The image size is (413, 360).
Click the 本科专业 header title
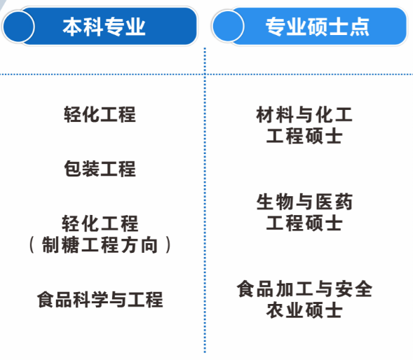click(104, 27)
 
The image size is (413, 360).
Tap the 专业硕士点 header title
click(317, 27)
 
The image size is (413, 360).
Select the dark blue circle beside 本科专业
click(18, 27)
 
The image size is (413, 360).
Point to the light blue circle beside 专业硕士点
click(228, 26)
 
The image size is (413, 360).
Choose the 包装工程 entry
click(100, 168)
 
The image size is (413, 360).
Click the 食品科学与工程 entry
click(100, 300)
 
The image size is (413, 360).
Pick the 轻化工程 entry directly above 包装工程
click(100, 114)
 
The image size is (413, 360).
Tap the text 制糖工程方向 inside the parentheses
click(100, 244)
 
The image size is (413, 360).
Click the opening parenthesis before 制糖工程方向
click(32, 244)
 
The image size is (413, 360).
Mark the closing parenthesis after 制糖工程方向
click(168, 244)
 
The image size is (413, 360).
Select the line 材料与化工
click(304, 115)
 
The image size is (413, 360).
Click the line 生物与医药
click(304, 202)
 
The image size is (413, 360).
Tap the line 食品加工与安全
click(304, 289)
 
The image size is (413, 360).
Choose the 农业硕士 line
click(304, 310)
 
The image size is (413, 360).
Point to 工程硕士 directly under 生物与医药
click(304, 223)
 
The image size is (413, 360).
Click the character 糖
click(71, 244)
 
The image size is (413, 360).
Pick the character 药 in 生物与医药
click(344, 202)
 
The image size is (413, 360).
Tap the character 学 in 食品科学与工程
click(100, 300)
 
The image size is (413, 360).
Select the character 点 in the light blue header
click(360, 27)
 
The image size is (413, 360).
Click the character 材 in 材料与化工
click(265, 115)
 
